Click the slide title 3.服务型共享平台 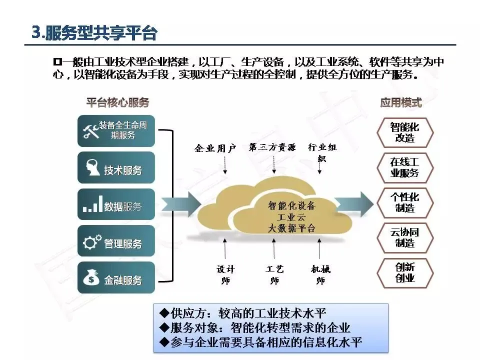point(94,33)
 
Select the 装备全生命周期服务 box point(116,130)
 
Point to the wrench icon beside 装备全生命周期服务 point(90,131)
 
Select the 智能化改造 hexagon point(404,132)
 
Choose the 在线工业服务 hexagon point(404,168)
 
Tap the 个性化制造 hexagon point(404,202)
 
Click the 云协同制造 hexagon point(404,237)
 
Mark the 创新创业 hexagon point(404,272)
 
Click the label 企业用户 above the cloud point(215,148)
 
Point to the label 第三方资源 point(272,147)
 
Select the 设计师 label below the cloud point(225,274)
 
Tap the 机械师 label point(320,274)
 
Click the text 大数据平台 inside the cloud point(291,228)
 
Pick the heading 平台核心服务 point(117,103)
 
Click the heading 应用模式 point(401,103)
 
